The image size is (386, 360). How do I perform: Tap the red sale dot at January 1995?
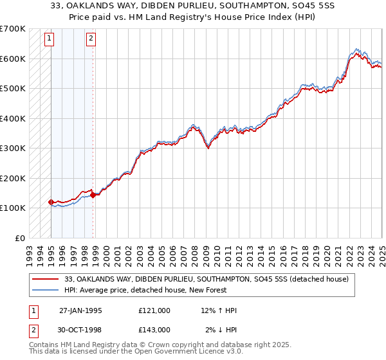(x=51, y=202)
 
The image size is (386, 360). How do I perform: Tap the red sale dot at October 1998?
(x=93, y=195)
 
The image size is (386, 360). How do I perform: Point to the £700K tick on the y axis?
(x=13, y=29)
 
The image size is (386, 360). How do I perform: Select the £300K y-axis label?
(x=13, y=148)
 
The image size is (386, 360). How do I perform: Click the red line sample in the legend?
(x=46, y=279)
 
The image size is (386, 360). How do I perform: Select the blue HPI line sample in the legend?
(x=46, y=290)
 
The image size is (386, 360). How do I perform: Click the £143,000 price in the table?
(x=154, y=329)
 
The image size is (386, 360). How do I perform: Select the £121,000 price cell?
(x=154, y=310)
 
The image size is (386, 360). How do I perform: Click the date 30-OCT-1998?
(x=80, y=329)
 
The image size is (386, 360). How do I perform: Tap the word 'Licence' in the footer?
(x=173, y=352)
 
